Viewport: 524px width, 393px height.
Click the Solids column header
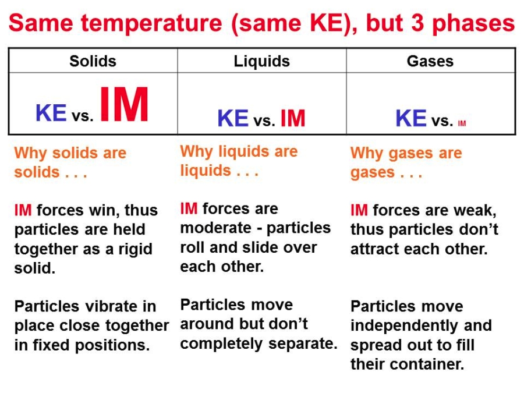tap(93, 61)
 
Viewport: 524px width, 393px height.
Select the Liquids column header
tap(261, 62)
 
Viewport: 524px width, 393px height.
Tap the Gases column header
tap(430, 61)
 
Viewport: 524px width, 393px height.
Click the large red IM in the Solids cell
tap(125, 104)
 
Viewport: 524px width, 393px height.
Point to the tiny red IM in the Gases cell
tap(462, 123)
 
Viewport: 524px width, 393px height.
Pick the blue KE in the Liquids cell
tap(233, 118)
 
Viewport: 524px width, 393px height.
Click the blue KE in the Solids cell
tap(51, 112)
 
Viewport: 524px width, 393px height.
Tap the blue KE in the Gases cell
tap(411, 118)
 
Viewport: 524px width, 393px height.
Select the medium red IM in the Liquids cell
tap(293, 118)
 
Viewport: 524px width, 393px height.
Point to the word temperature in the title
tap(152, 23)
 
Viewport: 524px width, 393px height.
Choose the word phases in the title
tap(473, 24)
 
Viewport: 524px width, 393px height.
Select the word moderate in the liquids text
tap(216, 228)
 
